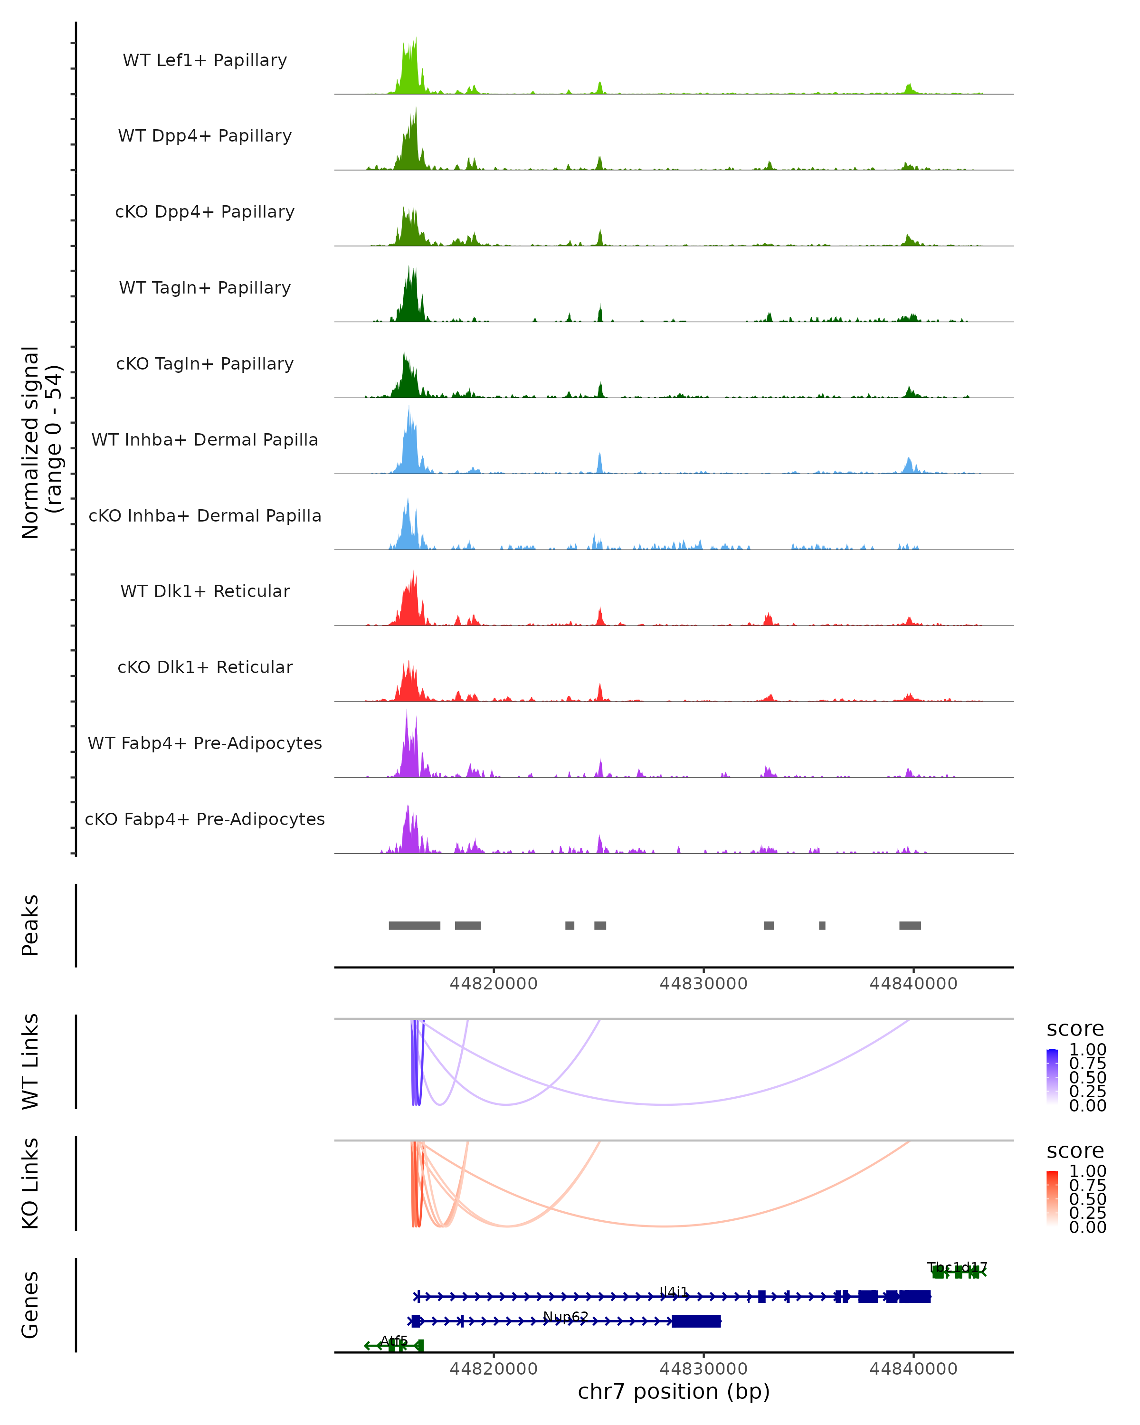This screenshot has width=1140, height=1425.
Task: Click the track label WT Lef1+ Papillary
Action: point(205,60)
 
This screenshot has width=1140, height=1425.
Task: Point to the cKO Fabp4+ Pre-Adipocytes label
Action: point(205,819)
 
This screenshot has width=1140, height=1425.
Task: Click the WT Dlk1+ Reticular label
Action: point(205,591)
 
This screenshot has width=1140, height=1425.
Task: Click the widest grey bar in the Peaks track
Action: point(414,925)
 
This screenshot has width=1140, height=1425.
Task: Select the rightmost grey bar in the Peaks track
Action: point(910,925)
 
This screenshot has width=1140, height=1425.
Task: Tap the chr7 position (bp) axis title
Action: point(674,1392)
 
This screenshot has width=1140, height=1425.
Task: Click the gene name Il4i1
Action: point(674,1292)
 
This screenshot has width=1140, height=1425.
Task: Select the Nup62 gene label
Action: point(566,1317)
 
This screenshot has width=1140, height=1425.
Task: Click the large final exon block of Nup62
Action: point(696,1321)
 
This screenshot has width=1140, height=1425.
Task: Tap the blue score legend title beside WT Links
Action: point(1075,1029)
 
